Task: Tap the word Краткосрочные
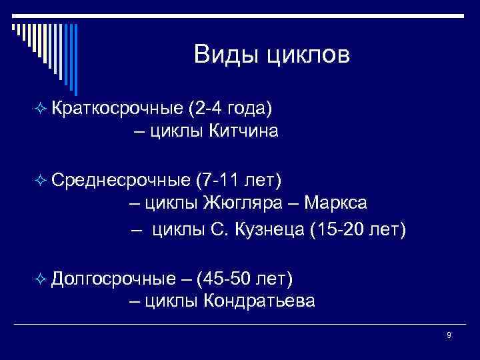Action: tap(116, 107)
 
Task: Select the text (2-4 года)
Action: tap(230, 107)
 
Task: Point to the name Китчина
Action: tap(244, 131)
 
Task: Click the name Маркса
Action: tap(333, 203)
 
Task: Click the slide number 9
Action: tap(449, 335)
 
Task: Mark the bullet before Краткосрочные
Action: tap(41, 108)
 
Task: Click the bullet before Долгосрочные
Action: tap(41, 277)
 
